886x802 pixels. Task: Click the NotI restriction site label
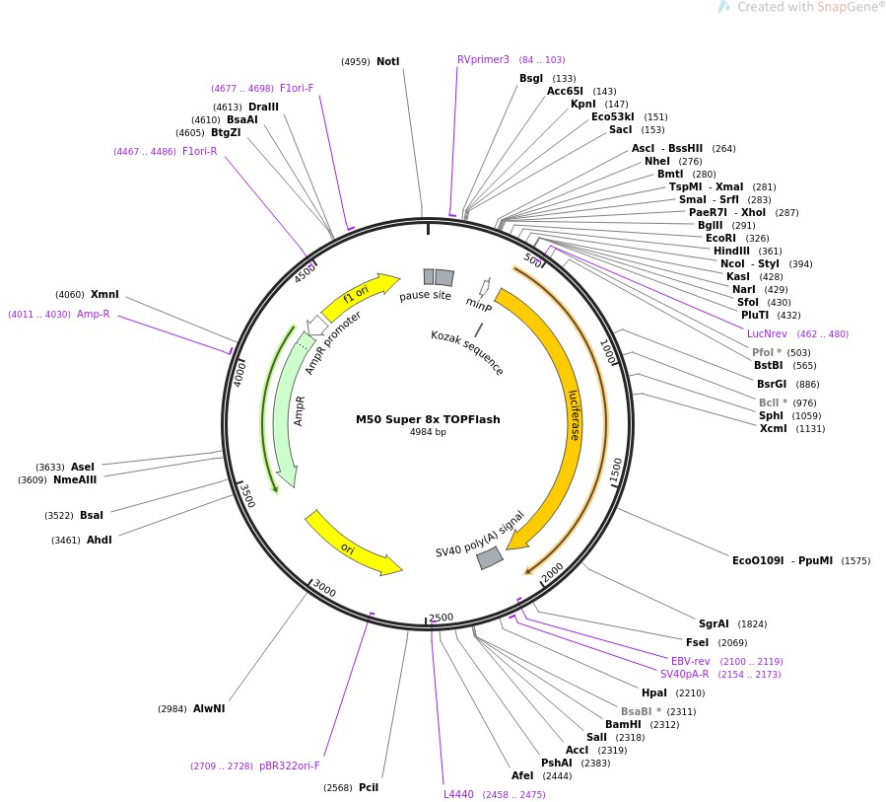[x=387, y=62]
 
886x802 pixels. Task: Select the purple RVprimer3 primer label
[x=483, y=59]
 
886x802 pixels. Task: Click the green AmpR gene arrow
[x=285, y=414]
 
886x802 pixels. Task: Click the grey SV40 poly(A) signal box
[x=490, y=558]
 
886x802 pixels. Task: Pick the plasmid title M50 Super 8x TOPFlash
[x=428, y=419]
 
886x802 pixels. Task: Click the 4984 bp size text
[x=428, y=432]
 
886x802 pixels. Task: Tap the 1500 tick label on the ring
[x=616, y=471]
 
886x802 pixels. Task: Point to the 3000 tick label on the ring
[x=324, y=589]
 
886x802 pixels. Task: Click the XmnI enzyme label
[x=104, y=294]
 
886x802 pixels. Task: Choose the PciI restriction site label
[x=369, y=787]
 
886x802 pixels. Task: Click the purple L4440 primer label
[x=458, y=794]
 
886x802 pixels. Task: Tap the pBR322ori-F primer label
[x=290, y=766]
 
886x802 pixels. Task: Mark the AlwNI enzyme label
[x=209, y=708]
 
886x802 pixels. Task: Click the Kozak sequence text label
[x=467, y=352]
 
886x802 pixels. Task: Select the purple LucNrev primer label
[x=767, y=333]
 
